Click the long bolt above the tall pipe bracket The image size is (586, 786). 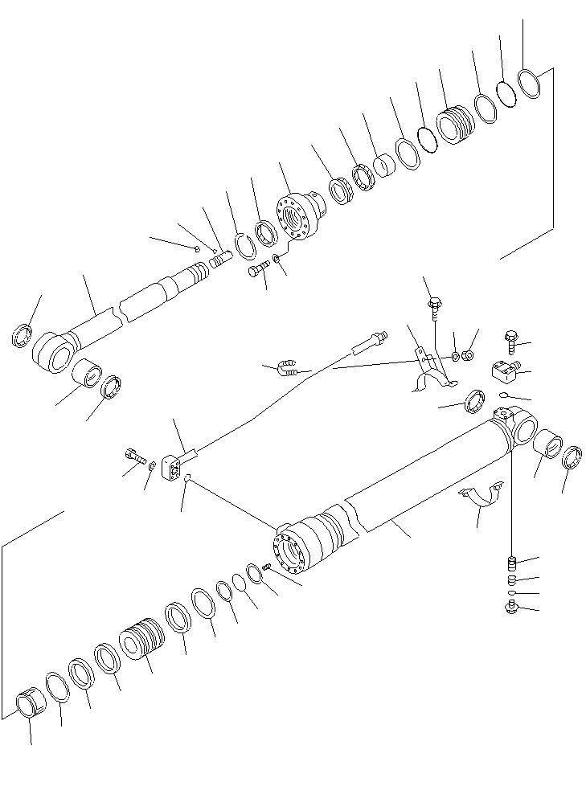tap(434, 305)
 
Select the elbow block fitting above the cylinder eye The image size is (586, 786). tap(503, 372)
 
